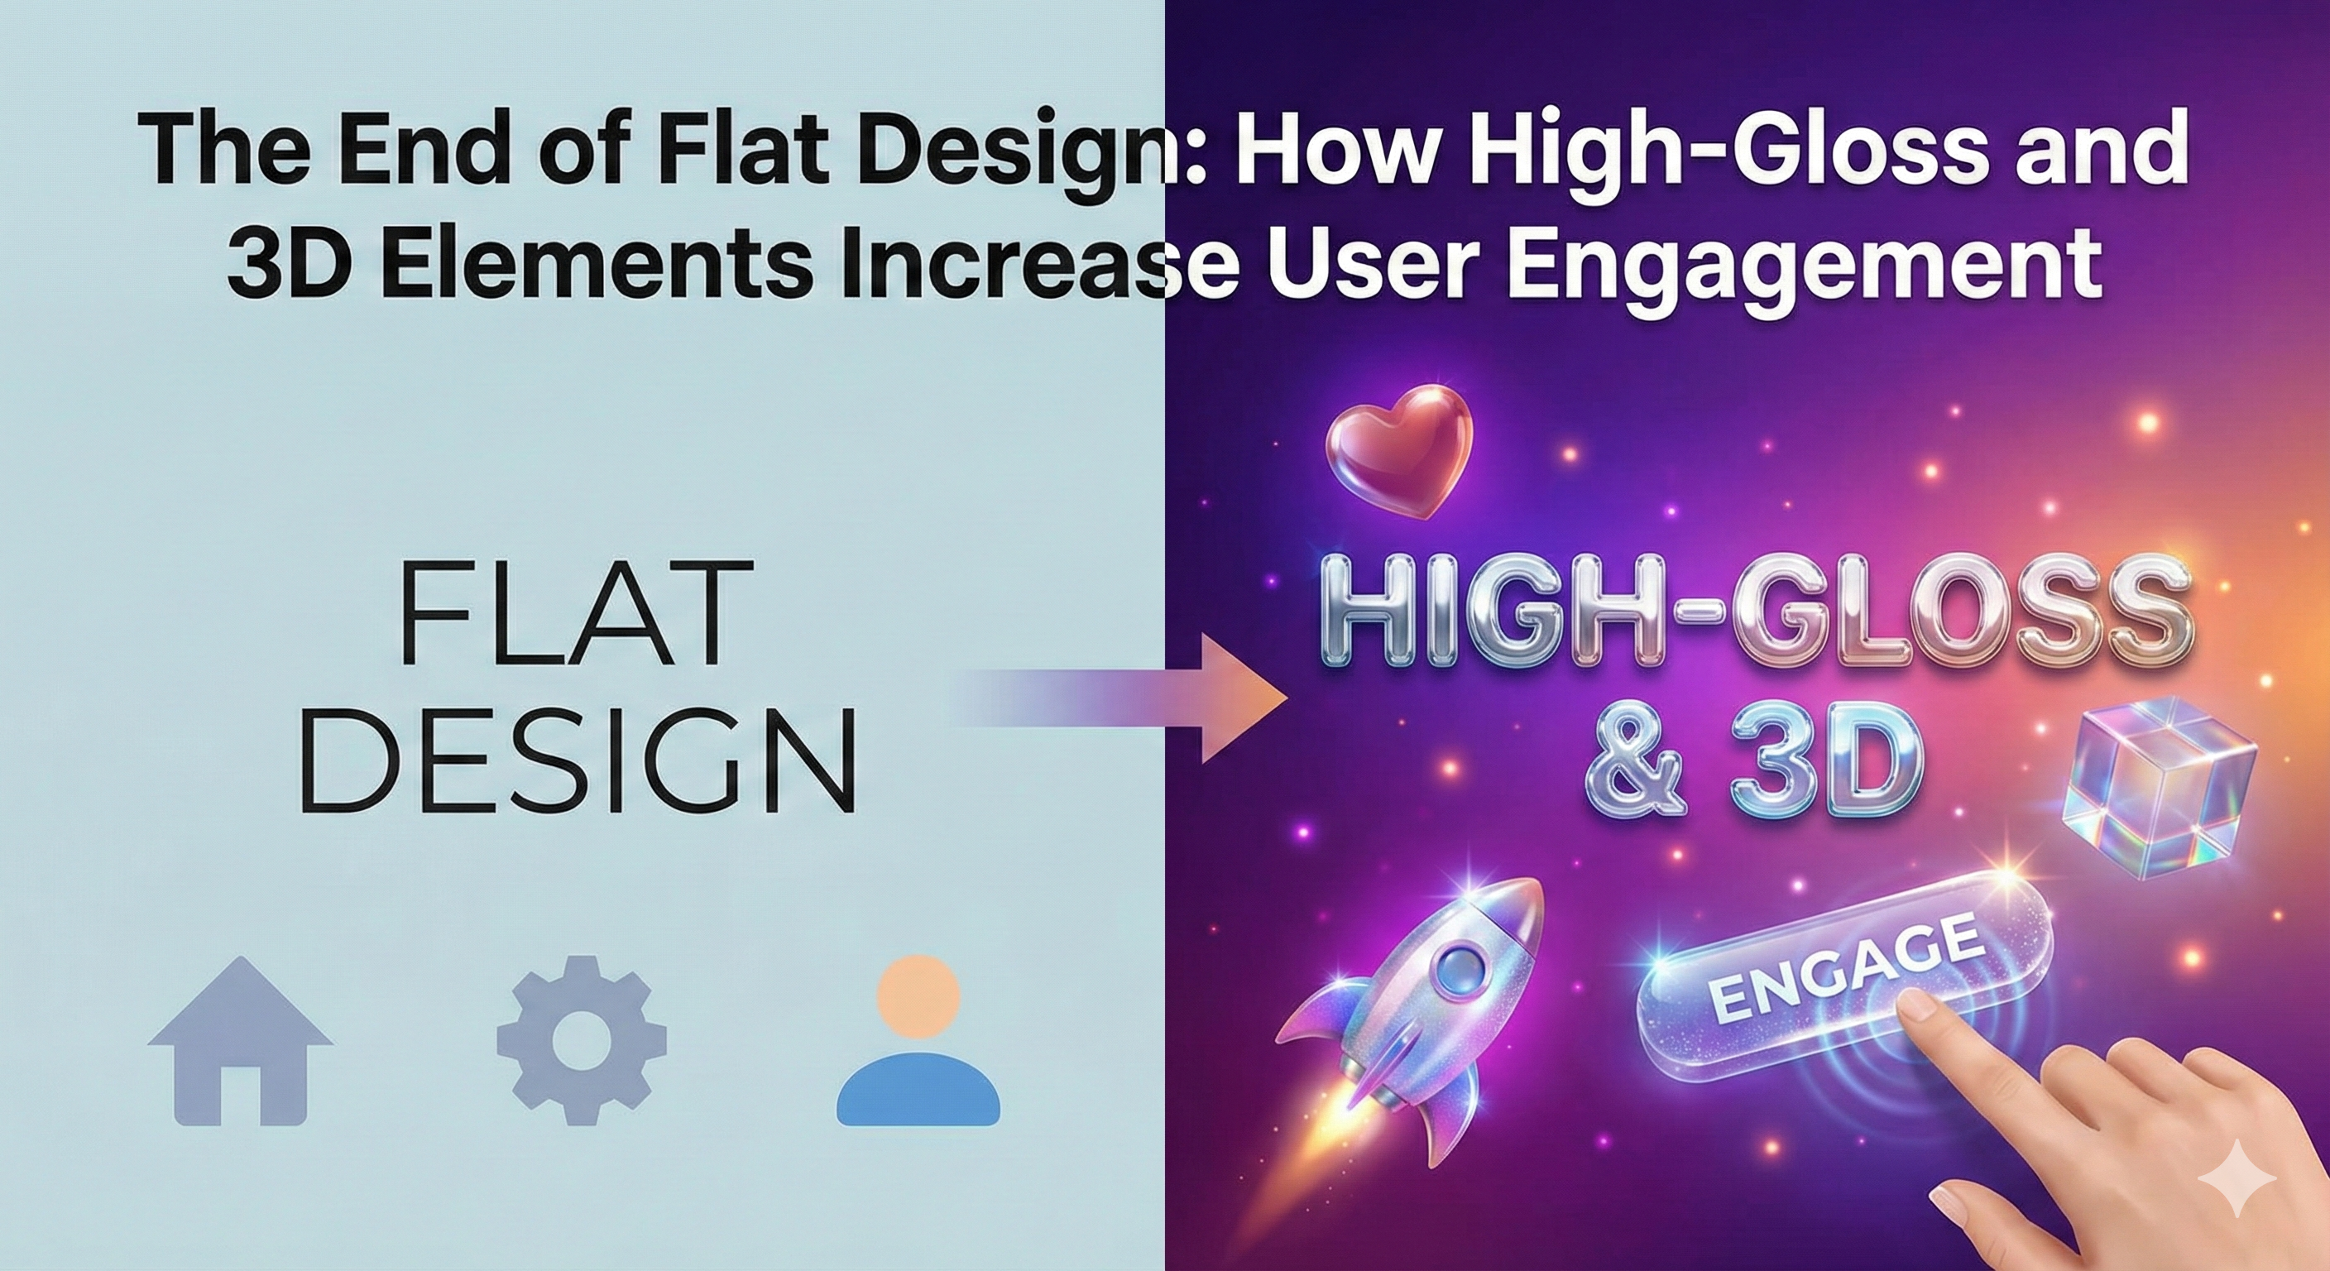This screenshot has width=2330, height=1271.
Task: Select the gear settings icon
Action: pyautogui.click(x=582, y=1040)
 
